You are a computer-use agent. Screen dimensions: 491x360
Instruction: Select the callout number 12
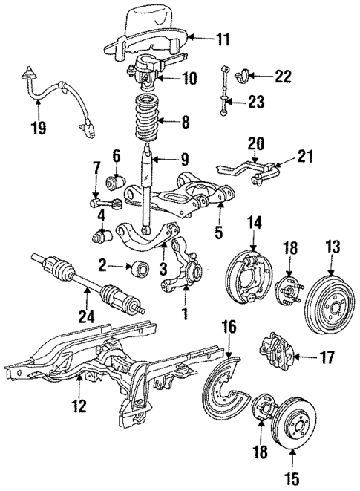point(79,406)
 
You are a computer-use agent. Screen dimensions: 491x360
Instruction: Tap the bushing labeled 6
point(116,181)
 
